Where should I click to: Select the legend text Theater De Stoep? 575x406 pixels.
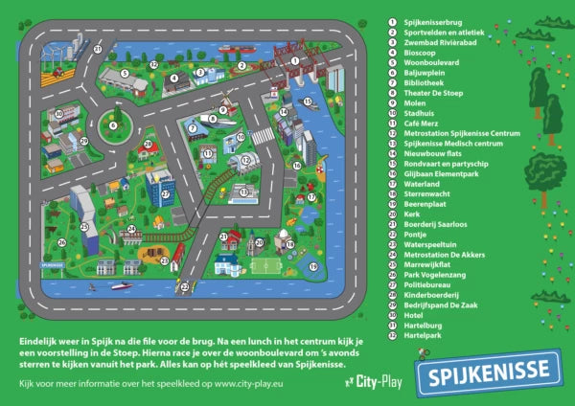431,94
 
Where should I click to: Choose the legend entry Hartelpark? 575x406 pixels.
422,335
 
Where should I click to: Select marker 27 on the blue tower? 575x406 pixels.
165,192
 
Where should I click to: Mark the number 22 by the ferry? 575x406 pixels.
184,285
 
